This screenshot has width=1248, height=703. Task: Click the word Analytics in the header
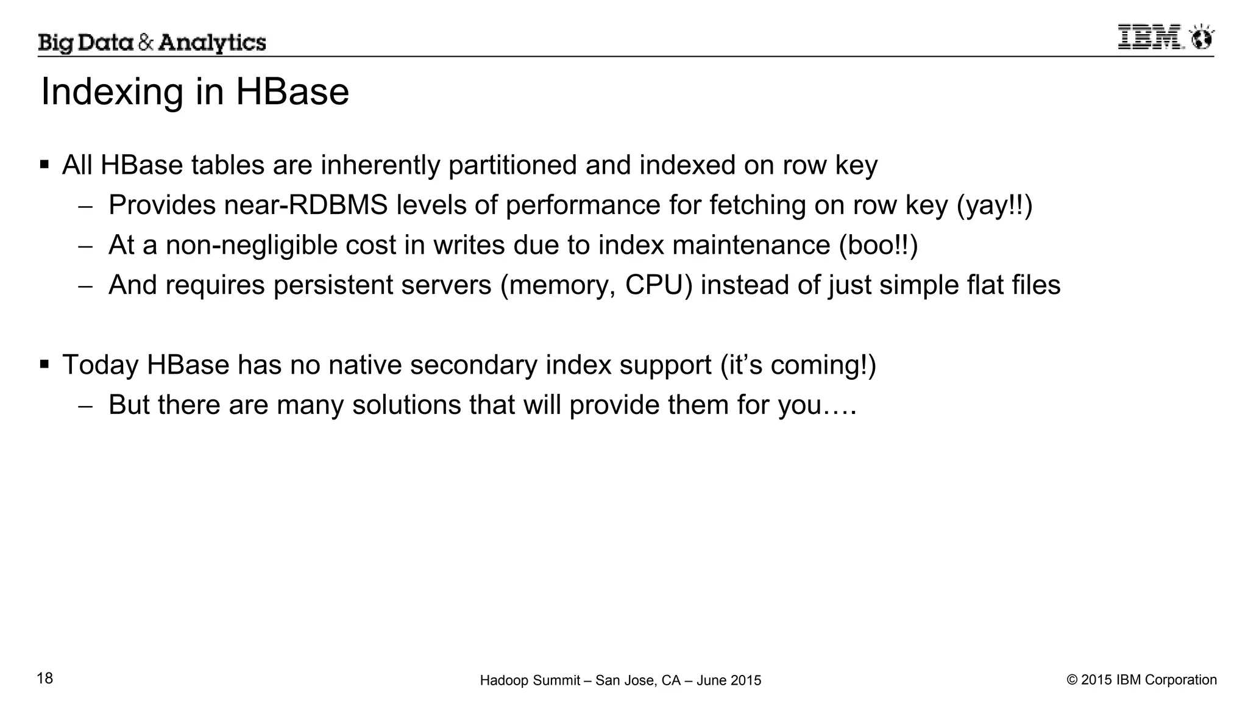coord(212,43)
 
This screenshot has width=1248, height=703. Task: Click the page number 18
coord(45,678)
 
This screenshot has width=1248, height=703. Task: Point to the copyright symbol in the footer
coord(1072,680)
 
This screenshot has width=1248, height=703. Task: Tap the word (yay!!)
coord(994,205)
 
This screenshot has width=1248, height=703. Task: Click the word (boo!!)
coord(878,245)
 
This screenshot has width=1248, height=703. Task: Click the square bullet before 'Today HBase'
coord(44,365)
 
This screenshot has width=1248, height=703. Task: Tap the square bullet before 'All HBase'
coord(44,165)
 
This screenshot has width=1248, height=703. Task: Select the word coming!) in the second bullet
coord(823,365)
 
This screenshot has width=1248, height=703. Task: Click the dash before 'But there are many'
coord(85,407)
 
